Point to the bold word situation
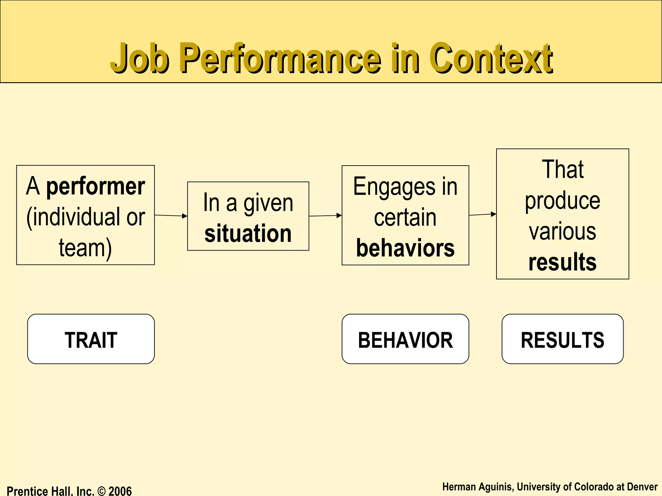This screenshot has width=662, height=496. (248, 233)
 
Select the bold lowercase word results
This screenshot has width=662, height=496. (562, 262)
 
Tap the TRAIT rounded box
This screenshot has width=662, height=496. (91, 339)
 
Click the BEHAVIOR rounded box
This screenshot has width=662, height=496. (405, 339)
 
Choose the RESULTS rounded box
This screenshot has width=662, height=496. (562, 339)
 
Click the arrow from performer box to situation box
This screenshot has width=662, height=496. (171, 215)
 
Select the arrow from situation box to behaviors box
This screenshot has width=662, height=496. (325, 216)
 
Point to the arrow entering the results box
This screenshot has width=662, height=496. (483, 214)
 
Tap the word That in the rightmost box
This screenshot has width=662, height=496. (562, 169)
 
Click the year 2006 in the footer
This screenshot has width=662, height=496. (120, 491)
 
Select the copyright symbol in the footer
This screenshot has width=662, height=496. (101, 491)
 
